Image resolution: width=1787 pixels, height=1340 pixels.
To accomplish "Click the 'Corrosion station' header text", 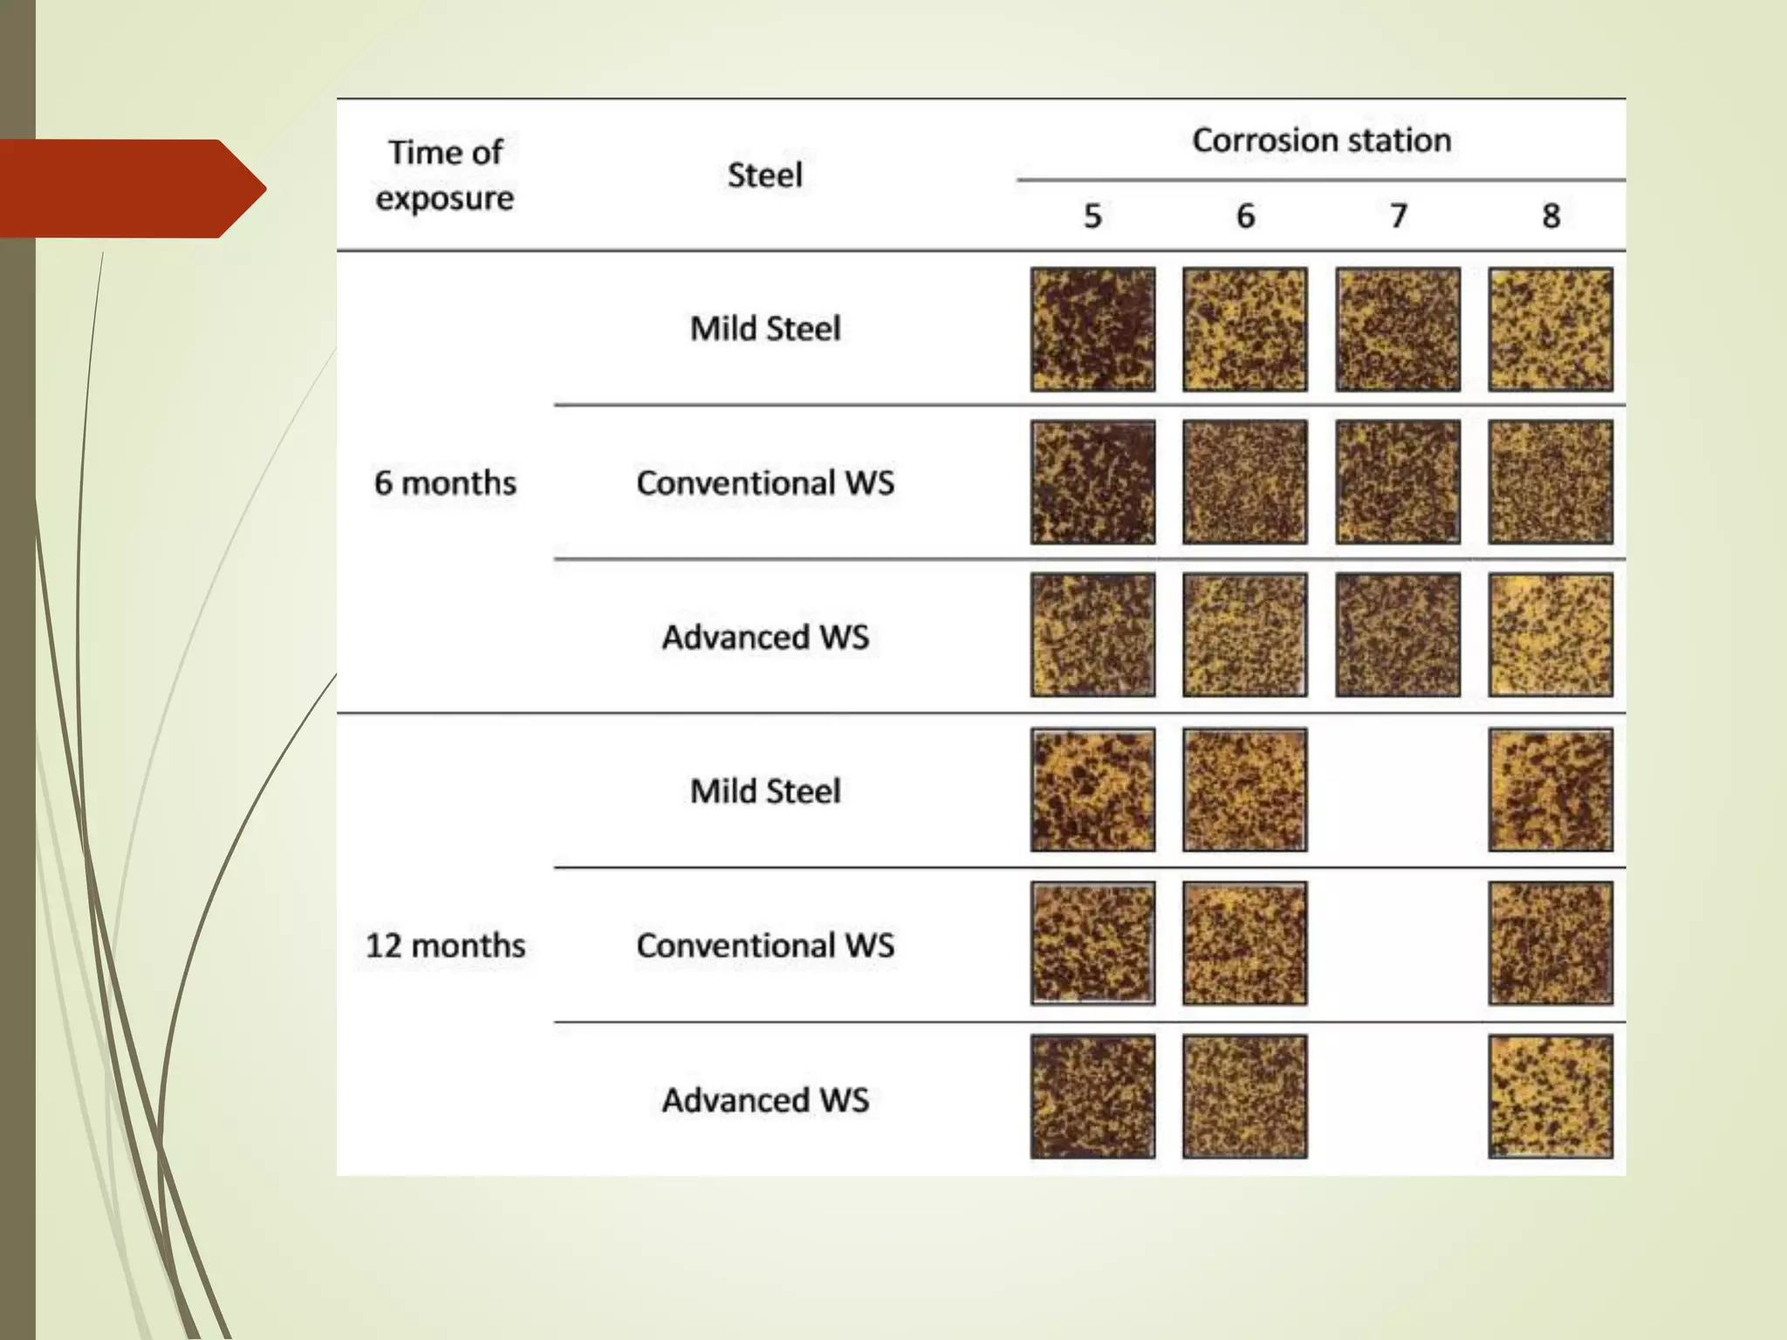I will tap(1321, 140).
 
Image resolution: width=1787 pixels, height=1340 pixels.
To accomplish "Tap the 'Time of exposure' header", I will tap(445, 175).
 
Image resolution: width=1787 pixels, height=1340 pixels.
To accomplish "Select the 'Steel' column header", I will tap(764, 175).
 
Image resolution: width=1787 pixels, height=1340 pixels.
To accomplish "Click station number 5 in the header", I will tap(1092, 215).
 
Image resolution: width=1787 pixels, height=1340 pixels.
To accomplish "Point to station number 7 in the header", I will tap(1398, 215).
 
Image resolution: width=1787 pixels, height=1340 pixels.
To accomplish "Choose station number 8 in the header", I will tap(1551, 215).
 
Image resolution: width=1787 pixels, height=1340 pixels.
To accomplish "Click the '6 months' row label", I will tap(445, 482).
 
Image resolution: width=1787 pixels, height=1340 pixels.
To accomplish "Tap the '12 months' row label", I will tap(445, 945).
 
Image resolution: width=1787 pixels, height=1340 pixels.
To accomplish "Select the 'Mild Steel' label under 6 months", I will tap(764, 329).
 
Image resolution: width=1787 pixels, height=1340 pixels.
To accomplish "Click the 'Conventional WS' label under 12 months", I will tap(764, 945).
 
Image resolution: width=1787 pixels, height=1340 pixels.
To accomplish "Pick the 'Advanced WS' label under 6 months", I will tap(764, 637).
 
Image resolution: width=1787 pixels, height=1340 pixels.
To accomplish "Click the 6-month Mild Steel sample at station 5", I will tap(1092, 329).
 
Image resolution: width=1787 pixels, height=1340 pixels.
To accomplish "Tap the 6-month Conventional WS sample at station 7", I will tap(1398, 482).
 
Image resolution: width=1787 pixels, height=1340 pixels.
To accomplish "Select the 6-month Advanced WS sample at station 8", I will tap(1551, 635).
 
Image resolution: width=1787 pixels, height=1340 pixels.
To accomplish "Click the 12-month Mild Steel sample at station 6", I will tap(1245, 790).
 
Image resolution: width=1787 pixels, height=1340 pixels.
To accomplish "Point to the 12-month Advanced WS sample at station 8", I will tap(1551, 1097).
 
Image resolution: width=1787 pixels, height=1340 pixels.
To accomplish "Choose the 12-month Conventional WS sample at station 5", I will tap(1092, 943).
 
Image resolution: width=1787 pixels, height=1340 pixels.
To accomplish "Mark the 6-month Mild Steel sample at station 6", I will tap(1245, 329).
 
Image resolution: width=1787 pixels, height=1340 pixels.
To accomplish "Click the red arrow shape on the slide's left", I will tap(131, 188).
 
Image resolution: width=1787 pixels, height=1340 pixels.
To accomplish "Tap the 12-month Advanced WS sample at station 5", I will tap(1092, 1097).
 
